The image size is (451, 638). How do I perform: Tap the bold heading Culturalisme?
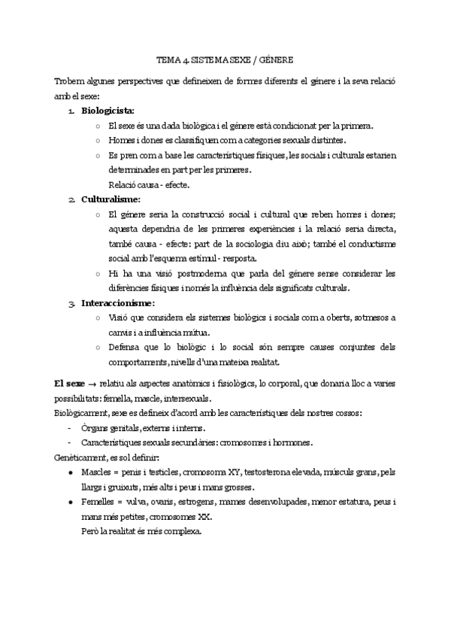point(111,199)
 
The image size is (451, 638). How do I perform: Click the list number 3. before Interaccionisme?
point(71,303)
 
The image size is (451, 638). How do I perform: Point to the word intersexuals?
point(186,399)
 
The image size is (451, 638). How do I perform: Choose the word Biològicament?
point(83,413)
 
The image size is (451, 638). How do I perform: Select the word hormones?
point(291,443)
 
